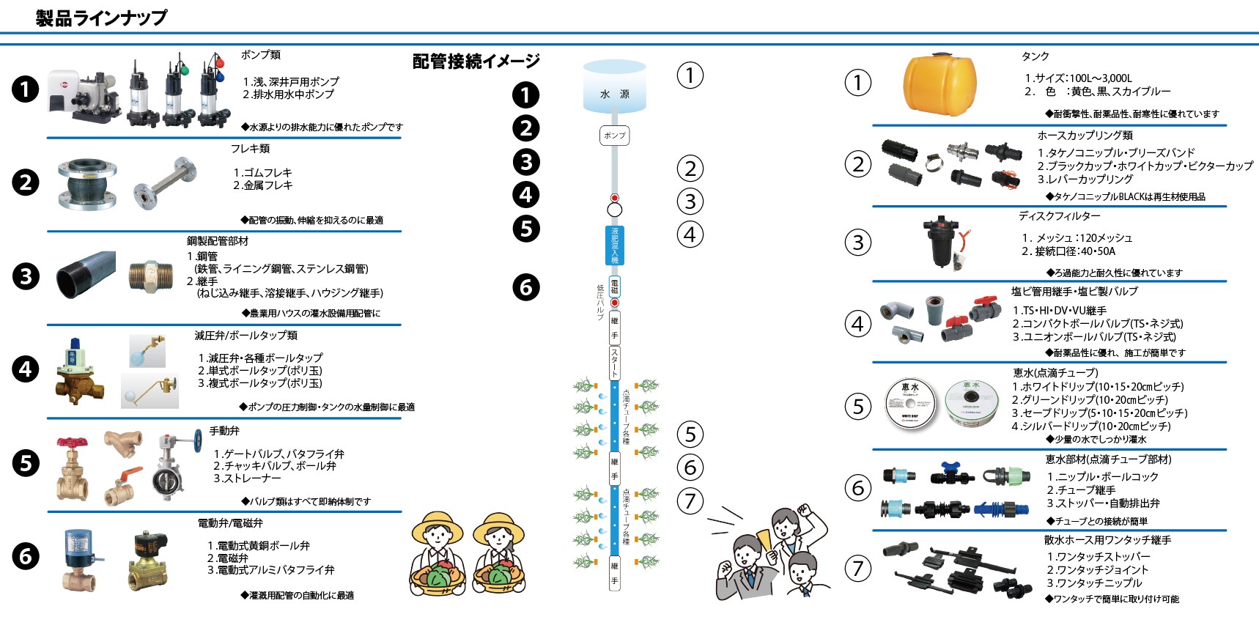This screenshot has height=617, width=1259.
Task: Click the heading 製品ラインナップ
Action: (x=101, y=18)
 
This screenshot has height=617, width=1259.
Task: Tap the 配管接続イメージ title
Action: (x=476, y=62)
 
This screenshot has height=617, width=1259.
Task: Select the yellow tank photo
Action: (x=939, y=84)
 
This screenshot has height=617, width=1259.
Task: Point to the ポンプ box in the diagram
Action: (x=614, y=136)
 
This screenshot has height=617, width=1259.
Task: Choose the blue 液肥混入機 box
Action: (x=614, y=245)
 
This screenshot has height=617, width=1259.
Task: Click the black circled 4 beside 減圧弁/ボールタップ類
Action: (x=26, y=369)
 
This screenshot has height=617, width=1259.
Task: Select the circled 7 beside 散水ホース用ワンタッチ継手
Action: (x=858, y=568)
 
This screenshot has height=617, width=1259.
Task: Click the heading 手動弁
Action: (x=224, y=431)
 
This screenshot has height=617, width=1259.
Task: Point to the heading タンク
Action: (x=1035, y=56)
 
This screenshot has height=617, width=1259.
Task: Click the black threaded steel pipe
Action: (x=86, y=274)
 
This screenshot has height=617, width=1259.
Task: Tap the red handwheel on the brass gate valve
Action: (x=72, y=443)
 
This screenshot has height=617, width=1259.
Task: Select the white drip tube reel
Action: (x=910, y=403)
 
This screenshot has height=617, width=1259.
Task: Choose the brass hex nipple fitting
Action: (x=151, y=276)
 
